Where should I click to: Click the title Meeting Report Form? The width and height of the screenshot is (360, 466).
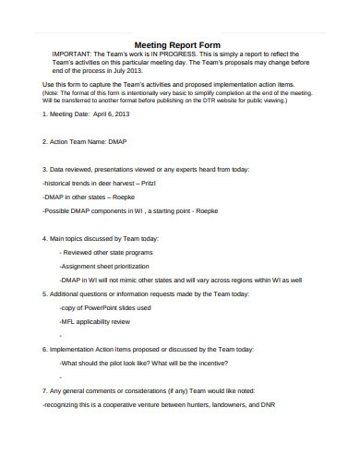[178, 43]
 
